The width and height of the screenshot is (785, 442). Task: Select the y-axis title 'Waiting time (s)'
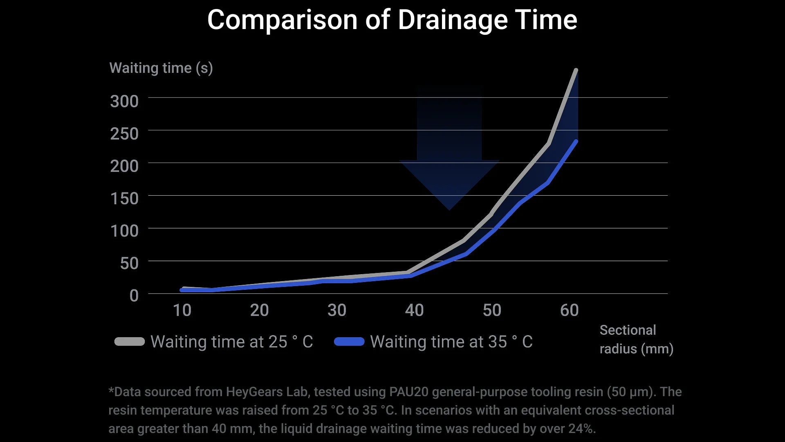pos(161,68)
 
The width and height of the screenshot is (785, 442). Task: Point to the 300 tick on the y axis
pos(124,101)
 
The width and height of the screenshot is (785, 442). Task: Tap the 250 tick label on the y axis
pos(124,133)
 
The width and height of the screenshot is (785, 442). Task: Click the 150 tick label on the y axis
pos(124,198)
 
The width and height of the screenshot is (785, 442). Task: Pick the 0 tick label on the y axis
pos(134,295)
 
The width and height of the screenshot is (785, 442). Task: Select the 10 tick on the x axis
pos(182,310)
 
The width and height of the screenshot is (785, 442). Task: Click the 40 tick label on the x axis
pos(414,310)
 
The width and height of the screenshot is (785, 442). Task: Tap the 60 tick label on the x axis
pos(569,310)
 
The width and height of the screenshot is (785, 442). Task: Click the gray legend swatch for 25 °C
pos(130,342)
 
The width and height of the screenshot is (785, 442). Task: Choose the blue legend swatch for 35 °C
pos(349,342)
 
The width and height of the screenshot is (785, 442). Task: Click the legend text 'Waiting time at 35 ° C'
pos(451,342)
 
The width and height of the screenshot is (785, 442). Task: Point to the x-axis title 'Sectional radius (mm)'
pos(636,339)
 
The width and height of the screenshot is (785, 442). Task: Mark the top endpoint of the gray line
pos(576,70)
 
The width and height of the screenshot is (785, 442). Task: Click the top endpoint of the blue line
pos(576,142)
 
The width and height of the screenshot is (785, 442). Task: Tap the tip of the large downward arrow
pos(449,209)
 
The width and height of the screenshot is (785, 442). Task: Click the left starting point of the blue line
pos(182,290)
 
